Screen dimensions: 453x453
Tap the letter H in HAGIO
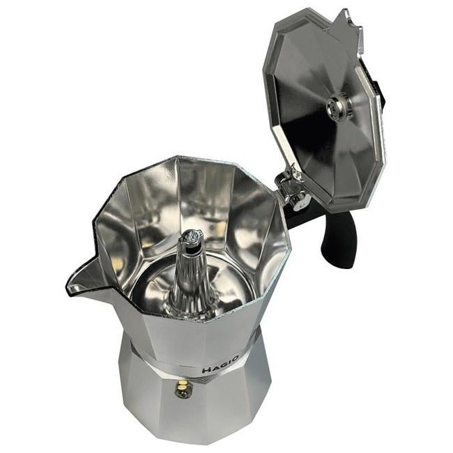[206, 369]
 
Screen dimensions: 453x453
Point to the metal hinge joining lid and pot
[291, 190]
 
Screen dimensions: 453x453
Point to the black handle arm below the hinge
[307, 213]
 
